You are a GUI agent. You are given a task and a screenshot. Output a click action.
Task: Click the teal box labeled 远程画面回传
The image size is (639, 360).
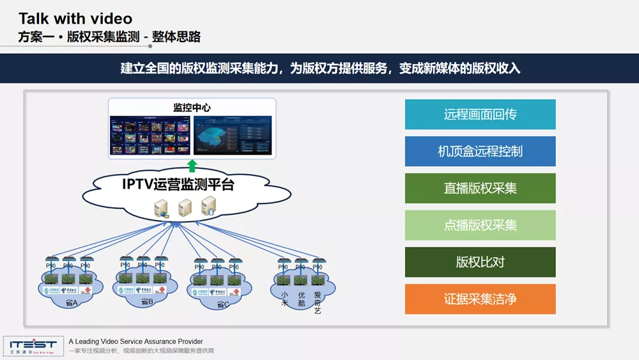(480, 114)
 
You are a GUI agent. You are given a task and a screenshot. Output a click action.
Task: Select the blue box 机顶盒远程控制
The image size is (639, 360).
(480, 152)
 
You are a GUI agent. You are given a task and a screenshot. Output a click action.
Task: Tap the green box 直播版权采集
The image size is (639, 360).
(480, 188)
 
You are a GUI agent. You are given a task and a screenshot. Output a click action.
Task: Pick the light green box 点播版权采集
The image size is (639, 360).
(480, 225)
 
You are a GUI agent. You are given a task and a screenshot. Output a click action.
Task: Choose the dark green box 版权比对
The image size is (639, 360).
(480, 262)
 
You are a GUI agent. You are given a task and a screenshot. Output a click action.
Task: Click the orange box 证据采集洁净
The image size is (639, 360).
(480, 299)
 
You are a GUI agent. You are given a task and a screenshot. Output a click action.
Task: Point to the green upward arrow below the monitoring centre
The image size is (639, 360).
(192, 165)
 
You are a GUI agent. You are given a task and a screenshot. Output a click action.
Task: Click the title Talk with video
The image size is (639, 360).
(75, 19)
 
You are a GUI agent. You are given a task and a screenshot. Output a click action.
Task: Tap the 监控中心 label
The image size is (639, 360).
(192, 107)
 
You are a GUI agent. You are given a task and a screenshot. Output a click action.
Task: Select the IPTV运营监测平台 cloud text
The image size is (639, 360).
(178, 185)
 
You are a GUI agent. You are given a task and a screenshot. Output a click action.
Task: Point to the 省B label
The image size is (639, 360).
(146, 301)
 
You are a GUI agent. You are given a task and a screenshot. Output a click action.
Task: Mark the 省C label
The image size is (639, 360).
(222, 304)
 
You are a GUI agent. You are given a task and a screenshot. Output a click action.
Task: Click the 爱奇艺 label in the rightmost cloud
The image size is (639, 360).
(318, 302)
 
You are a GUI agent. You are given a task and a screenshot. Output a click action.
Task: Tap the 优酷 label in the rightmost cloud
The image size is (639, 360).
(301, 299)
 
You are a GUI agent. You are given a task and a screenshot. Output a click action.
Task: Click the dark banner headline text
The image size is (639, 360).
(320, 68)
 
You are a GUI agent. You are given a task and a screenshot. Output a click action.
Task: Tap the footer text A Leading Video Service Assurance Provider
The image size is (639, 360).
(135, 341)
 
